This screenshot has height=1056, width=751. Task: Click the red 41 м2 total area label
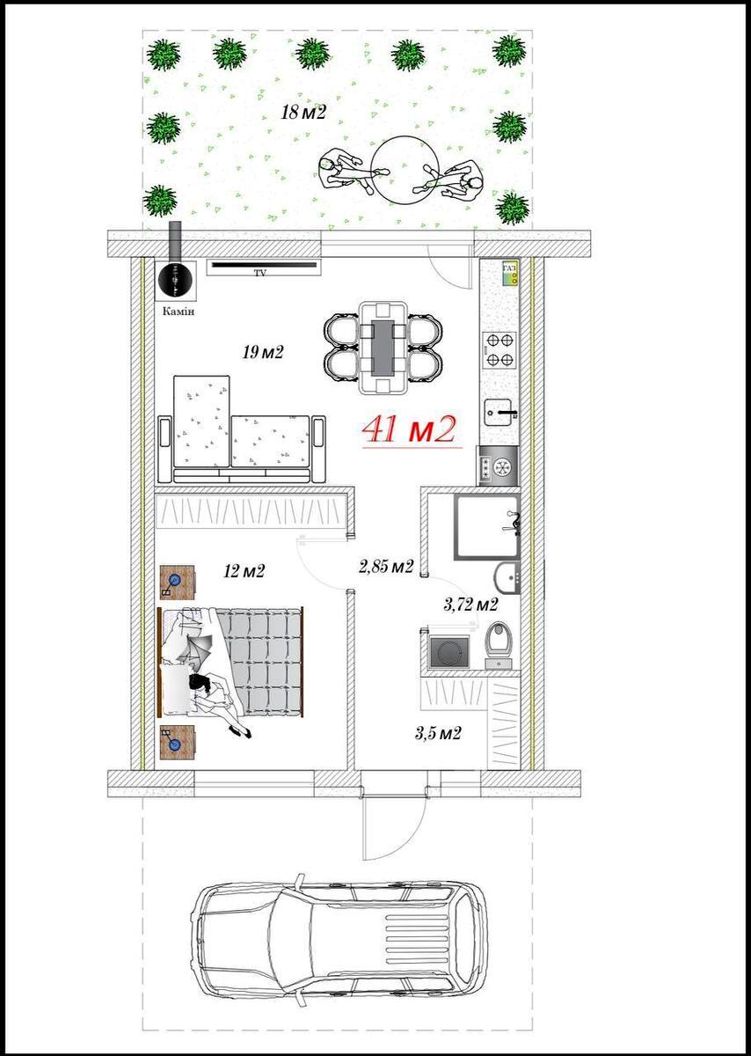(409, 429)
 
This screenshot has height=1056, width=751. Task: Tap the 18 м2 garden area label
(303, 113)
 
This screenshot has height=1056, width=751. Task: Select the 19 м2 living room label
(263, 352)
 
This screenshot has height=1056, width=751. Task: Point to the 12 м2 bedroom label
(244, 571)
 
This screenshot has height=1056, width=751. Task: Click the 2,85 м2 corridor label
(386, 566)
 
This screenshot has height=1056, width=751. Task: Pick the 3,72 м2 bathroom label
(470, 604)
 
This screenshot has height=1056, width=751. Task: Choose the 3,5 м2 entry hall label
(438, 733)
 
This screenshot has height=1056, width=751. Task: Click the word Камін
(179, 312)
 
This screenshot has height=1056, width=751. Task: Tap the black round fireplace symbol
(175, 280)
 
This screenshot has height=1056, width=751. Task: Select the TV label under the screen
(259, 273)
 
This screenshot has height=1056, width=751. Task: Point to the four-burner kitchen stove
(499, 349)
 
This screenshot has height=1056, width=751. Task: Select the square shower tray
(487, 526)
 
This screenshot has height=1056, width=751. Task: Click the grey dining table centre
(383, 348)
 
